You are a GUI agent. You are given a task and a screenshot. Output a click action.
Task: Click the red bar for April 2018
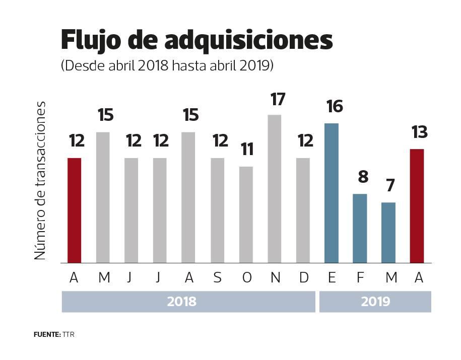click(x=74, y=210)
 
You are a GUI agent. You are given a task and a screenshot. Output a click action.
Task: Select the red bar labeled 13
click(x=417, y=206)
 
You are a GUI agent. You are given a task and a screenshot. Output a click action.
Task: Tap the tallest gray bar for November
click(x=275, y=189)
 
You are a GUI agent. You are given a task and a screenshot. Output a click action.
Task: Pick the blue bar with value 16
click(x=332, y=193)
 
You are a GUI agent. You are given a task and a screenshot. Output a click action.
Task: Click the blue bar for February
click(x=360, y=228)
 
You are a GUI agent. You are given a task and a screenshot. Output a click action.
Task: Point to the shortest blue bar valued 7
click(x=388, y=233)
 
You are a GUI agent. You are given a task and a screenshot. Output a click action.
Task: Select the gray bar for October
click(x=246, y=214)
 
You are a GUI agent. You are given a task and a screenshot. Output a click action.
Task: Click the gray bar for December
click(x=303, y=210)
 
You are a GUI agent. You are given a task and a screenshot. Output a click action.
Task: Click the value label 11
click(x=247, y=150)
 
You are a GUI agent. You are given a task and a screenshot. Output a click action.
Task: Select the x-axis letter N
click(x=275, y=278)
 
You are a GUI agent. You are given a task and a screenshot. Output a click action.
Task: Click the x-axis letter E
click(x=332, y=278)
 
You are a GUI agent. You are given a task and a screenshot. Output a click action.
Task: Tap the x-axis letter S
click(x=217, y=278)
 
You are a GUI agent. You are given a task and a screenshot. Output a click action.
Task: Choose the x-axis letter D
click(x=303, y=278)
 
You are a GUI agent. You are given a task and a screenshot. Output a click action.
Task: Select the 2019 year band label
click(x=375, y=302)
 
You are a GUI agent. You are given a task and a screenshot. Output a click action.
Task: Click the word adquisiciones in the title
click(x=248, y=40)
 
